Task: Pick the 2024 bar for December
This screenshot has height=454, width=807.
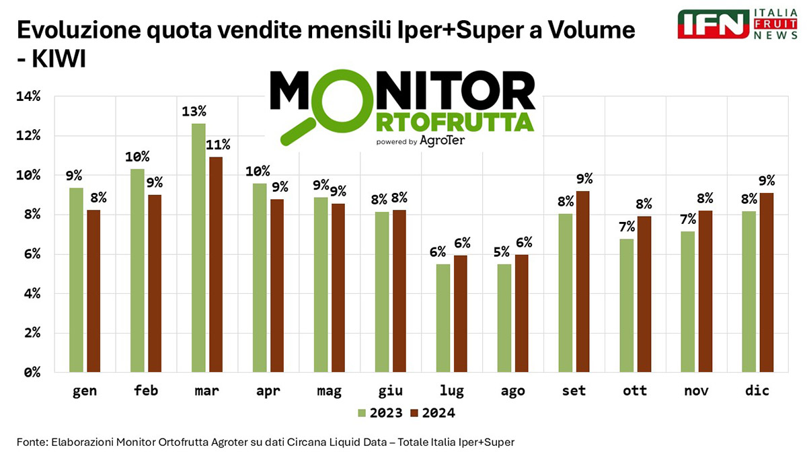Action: tap(766, 282)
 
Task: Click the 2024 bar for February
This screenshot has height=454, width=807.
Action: tap(155, 283)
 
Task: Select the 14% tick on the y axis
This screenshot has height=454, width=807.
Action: tap(28, 96)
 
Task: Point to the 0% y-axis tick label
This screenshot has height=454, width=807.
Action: tap(30, 372)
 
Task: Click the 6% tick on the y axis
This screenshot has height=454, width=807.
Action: tap(30, 254)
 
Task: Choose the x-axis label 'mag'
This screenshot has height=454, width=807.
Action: tap(328, 391)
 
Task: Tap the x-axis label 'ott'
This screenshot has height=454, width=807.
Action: tap(634, 391)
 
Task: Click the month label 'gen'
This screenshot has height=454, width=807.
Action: tap(84, 391)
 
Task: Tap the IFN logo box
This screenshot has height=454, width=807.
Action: tap(714, 24)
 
